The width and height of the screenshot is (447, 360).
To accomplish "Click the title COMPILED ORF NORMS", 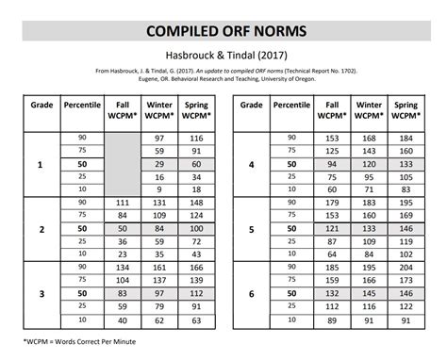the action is pos(223,31).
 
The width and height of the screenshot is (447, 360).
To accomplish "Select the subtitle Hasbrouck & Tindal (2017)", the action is pos(223,56).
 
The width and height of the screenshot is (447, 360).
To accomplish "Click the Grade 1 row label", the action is pos(40,165).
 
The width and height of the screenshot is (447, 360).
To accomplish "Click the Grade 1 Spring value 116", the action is pos(195,139).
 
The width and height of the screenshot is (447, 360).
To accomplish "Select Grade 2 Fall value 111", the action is pos(122,203).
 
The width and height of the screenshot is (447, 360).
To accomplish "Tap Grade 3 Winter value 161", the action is pos(158,268).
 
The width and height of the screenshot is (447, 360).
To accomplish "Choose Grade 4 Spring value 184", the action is pos(406,139).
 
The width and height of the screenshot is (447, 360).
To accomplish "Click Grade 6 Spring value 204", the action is pos(406,268).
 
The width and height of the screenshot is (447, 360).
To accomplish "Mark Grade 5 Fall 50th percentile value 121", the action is pos(332,229).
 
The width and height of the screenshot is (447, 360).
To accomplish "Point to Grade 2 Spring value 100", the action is pos(195,229).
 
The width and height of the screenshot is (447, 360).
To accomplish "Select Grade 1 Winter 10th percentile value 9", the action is pos(158,190).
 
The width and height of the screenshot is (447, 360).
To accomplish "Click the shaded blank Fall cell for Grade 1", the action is pos(122,165).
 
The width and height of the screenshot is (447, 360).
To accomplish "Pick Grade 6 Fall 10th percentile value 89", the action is pos(332,319).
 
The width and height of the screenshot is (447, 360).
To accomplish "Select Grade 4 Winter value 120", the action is pos(369,165).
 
